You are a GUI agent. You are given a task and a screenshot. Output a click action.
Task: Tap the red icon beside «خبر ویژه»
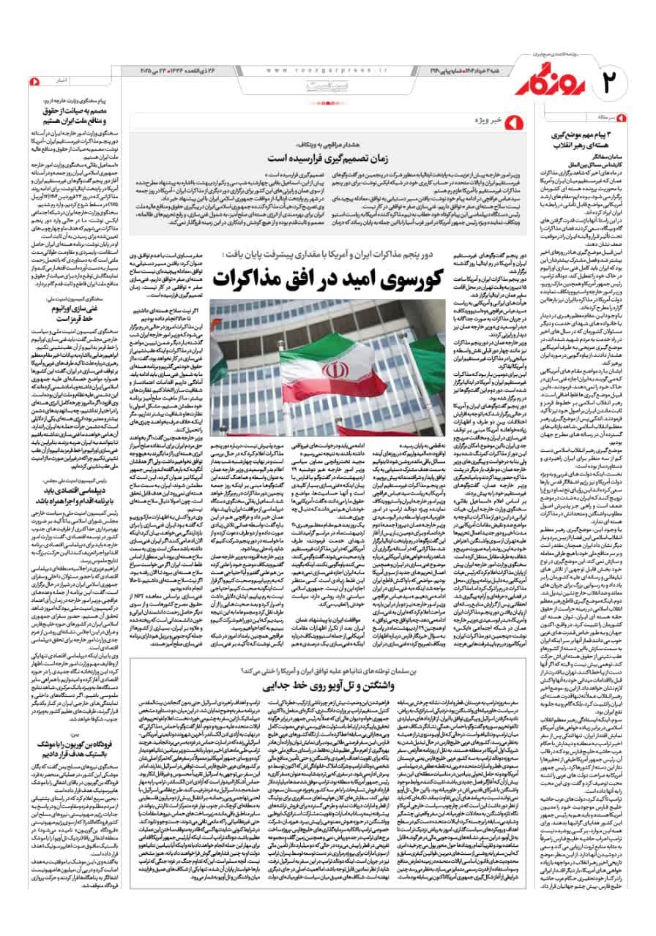[x=512, y=119]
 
